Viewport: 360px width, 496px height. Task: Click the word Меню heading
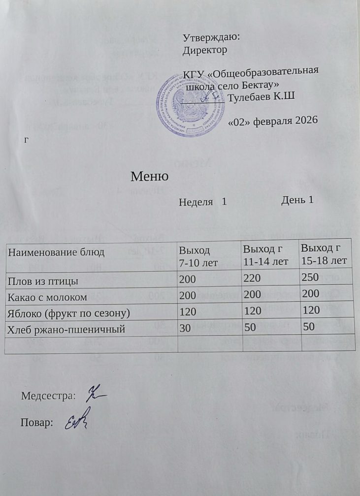pos(150,176)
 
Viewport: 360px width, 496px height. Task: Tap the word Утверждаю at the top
pos(211,37)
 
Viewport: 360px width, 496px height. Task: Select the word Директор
pos(204,50)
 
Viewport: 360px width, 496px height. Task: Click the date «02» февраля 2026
pos(273,121)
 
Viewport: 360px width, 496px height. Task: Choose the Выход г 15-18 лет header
pos(324,253)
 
